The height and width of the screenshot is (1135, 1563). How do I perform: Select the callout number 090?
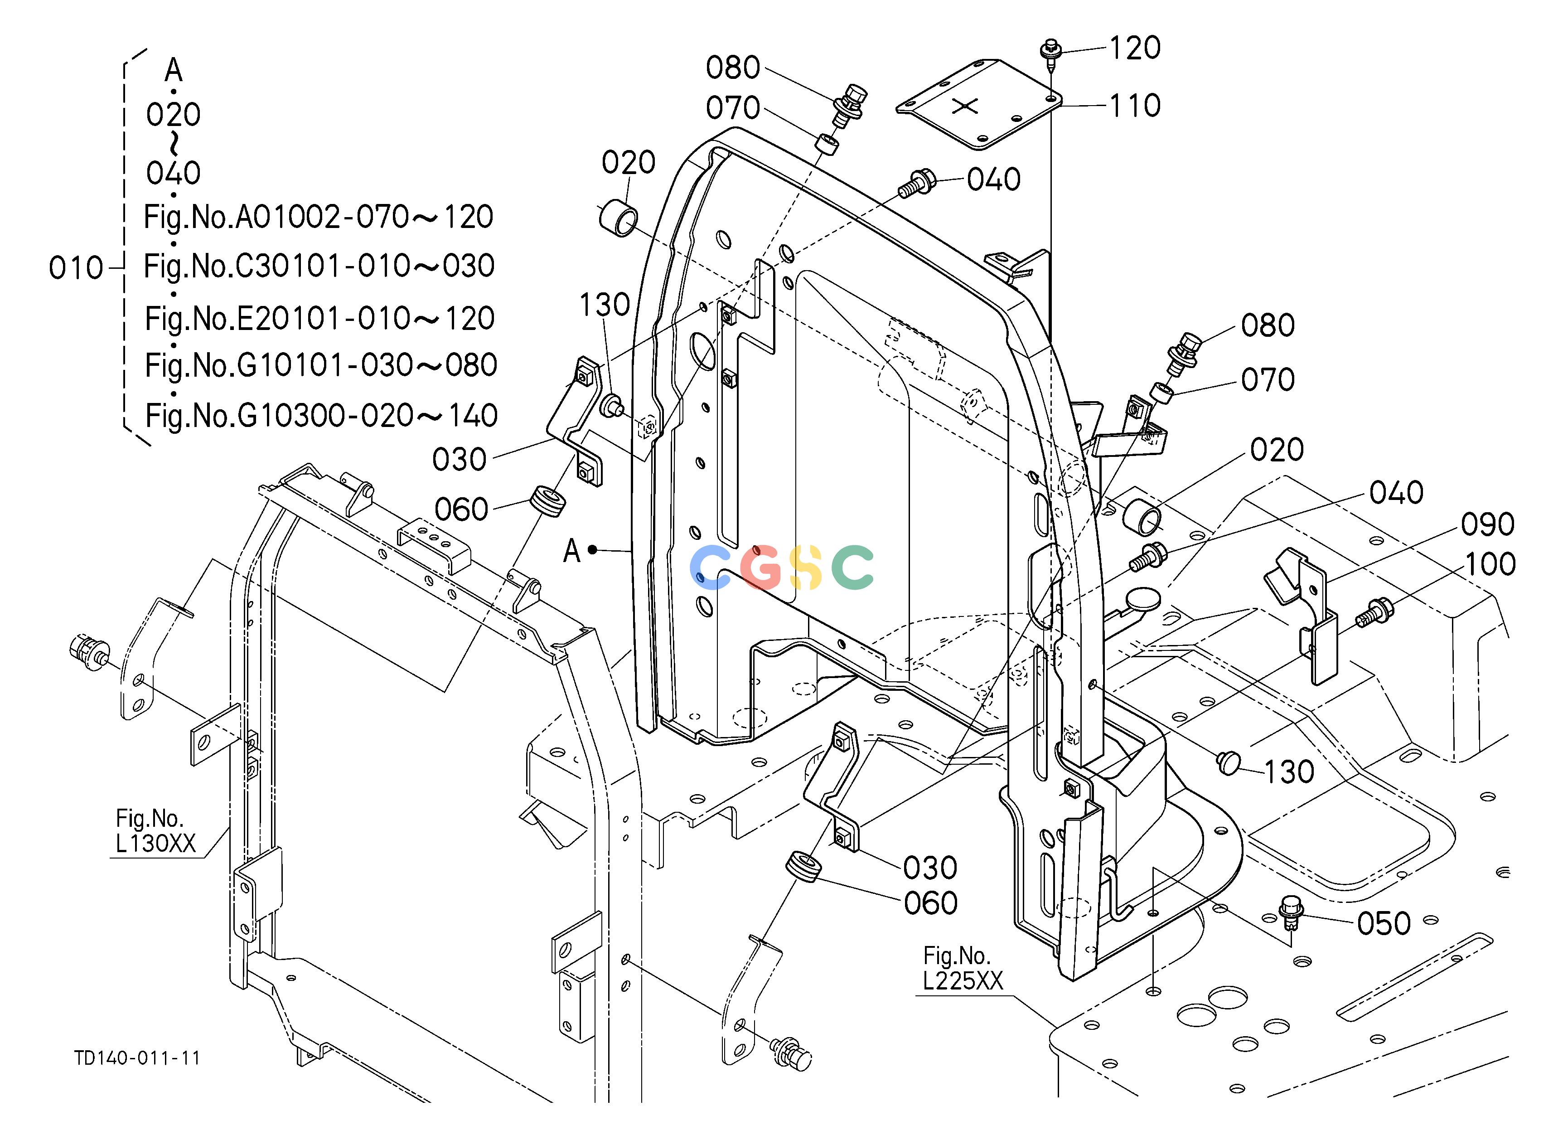[1488, 524]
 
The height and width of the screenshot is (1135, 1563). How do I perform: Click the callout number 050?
[1384, 923]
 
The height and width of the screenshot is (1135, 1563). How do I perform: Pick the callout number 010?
[76, 268]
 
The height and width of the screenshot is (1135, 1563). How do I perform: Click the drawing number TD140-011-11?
[137, 1058]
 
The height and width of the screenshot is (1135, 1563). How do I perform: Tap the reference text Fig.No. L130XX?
[156, 831]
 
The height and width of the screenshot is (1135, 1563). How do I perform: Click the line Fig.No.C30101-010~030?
[319, 267]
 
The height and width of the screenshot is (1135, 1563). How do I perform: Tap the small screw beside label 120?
[1050, 55]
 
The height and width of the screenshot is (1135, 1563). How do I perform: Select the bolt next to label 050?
[1289, 911]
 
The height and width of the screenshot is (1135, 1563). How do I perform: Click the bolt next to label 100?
[1375, 612]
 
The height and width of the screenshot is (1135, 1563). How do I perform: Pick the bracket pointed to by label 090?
[1302, 613]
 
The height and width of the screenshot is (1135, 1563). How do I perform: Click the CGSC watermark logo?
[781, 568]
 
